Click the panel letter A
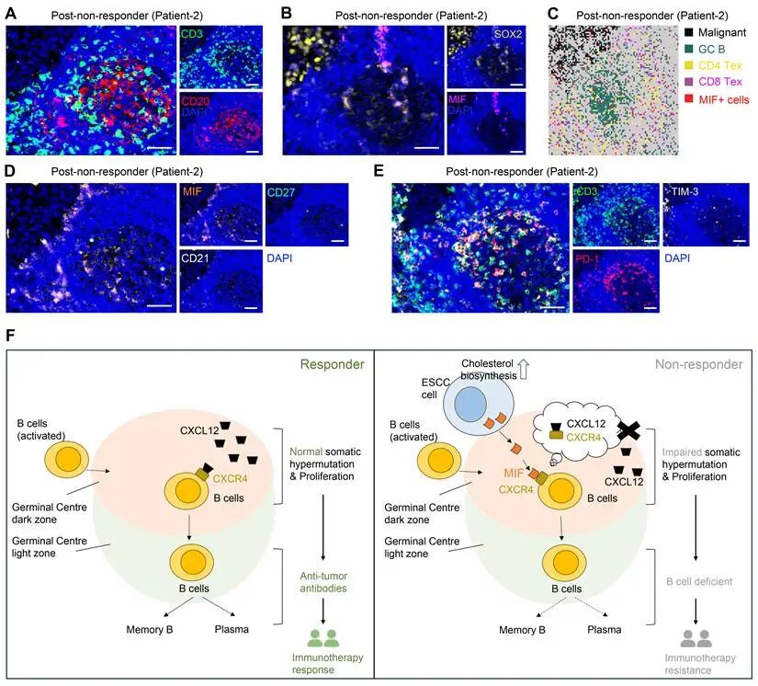(x=10, y=14)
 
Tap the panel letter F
(x=10, y=336)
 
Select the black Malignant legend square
(x=689, y=33)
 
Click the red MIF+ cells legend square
(x=689, y=99)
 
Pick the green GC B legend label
(x=711, y=49)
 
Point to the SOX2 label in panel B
(x=508, y=34)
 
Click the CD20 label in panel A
(x=196, y=101)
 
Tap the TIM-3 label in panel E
(x=684, y=191)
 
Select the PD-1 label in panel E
(x=587, y=258)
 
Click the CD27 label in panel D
(x=281, y=192)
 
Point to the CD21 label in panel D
(x=195, y=258)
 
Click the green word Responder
(x=332, y=364)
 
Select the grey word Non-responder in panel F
(x=698, y=364)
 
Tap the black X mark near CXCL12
(x=629, y=430)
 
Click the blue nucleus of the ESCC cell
(x=467, y=403)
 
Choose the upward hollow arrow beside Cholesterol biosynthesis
(x=524, y=369)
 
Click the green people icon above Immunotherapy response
(x=322, y=638)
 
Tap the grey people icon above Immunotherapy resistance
(x=696, y=638)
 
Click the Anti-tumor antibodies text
(x=322, y=582)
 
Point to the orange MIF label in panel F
(x=514, y=474)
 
